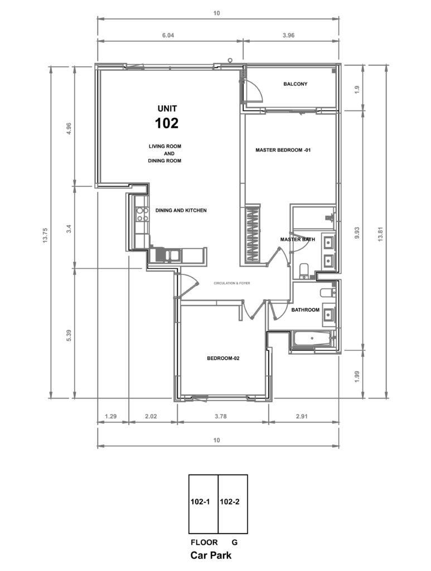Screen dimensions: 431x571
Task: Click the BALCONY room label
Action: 295,84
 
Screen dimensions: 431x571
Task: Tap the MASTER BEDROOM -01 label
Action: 283,149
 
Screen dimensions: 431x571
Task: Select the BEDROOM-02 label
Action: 223,358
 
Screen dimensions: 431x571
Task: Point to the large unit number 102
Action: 167,123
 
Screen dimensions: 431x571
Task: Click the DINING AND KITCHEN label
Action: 181,210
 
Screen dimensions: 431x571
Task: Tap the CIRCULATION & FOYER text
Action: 232,283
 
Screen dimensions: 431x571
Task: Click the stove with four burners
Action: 142,214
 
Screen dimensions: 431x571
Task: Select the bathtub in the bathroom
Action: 312,339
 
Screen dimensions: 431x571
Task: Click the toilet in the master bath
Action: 303,270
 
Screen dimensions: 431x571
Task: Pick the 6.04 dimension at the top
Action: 168,35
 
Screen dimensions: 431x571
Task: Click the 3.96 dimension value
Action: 288,35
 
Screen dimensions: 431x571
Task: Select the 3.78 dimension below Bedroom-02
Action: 221,416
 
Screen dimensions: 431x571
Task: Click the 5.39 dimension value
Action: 69,335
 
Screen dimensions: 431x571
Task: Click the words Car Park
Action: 211,555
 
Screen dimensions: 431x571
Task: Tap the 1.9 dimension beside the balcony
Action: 357,89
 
